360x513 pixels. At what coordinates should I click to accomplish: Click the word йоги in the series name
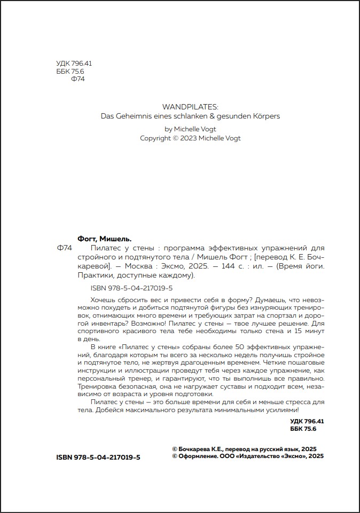(x=312, y=266)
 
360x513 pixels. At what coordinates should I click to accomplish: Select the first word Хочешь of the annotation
(x=105, y=300)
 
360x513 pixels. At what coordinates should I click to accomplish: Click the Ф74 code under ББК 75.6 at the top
(x=78, y=79)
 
